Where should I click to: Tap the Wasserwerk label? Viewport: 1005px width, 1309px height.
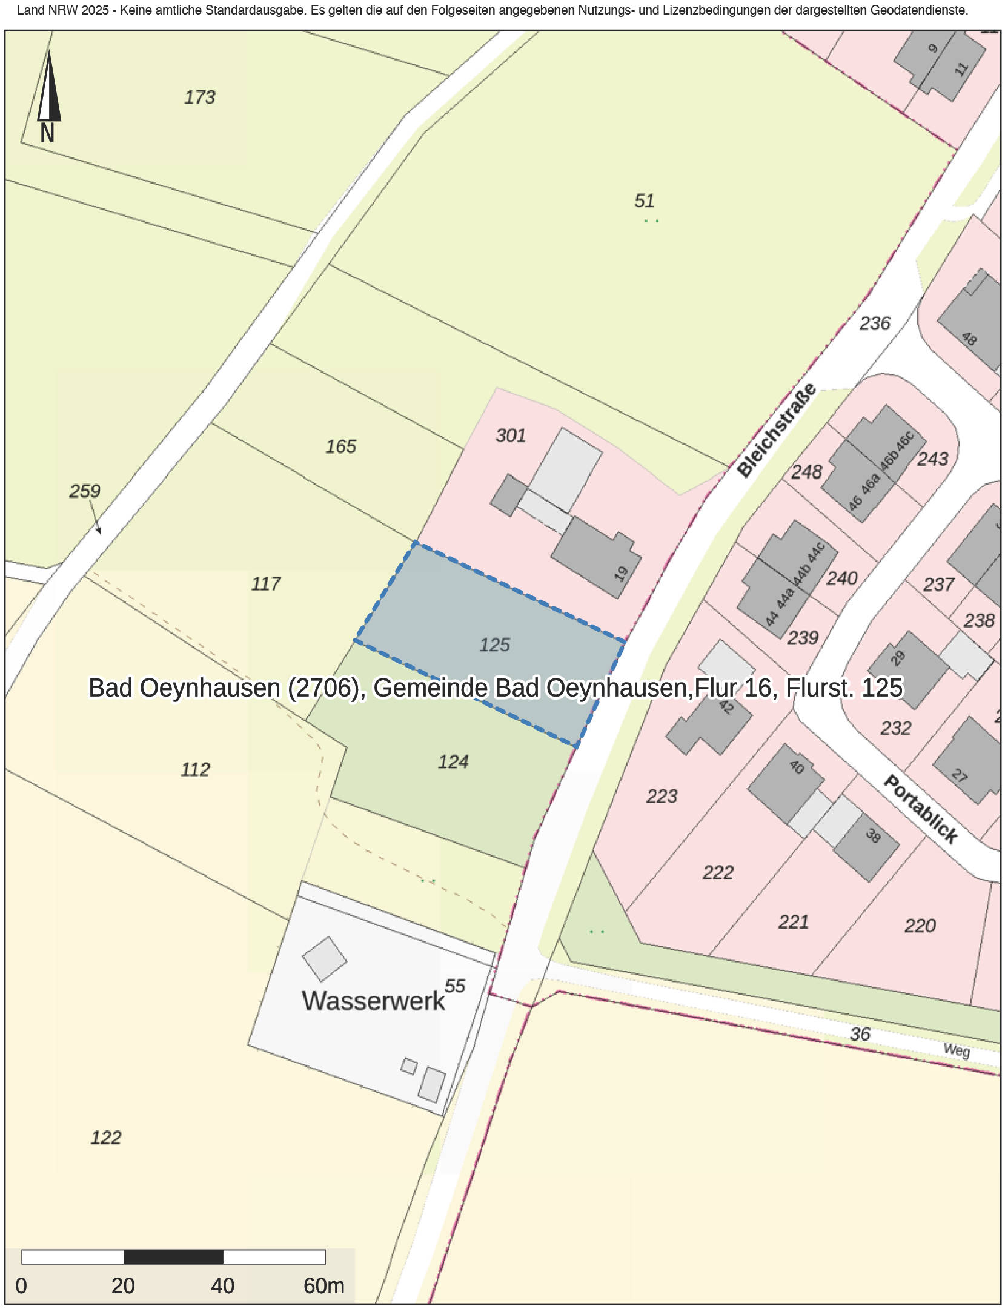[x=373, y=1001]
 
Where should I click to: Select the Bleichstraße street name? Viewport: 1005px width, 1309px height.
[x=777, y=431]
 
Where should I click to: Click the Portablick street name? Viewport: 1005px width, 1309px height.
[x=921, y=809]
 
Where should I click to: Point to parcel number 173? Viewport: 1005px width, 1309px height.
[x=199, y=98]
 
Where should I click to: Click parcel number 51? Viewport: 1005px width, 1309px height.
[x=644, y=200]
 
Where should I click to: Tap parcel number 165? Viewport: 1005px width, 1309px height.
[x=340, y=446]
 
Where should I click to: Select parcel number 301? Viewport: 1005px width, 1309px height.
[x=511, y=436]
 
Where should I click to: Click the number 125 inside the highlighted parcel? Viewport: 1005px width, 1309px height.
[x=494, y=645]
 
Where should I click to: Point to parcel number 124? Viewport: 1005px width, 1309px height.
[x=453, y=762]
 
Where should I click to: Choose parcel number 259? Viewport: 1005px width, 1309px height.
[x=84, y=491]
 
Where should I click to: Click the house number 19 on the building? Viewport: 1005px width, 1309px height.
[x=621, y=573]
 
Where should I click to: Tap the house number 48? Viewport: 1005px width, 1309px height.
[x=969, y=339]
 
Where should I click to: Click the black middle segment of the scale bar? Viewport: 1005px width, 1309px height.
[x=173, y=1257]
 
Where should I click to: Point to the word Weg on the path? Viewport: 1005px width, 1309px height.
[x=957, y=1050]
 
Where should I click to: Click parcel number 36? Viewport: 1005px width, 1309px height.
[x=860, y=1034]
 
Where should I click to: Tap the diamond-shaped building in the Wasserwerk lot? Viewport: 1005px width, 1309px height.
[x=325, y=959]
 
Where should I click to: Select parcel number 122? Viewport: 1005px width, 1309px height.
[x=106, y=1138]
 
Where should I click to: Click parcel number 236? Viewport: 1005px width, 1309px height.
[x=875, y=323]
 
